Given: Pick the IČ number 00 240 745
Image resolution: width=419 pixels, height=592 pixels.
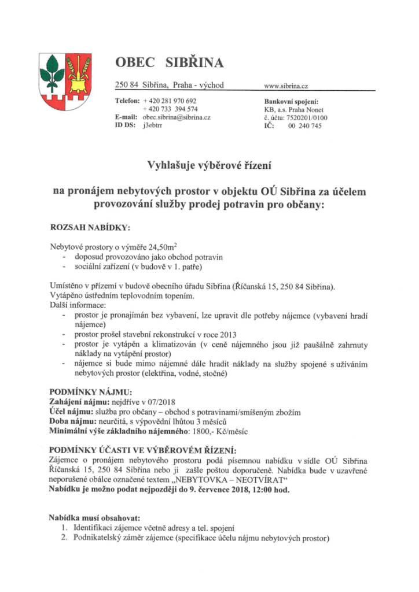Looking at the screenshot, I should tap(304, 126).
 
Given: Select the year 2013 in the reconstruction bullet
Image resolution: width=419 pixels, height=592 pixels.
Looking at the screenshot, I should tap(227, 335).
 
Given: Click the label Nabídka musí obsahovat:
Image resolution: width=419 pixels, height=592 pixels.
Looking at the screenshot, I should tap(95, 518).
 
